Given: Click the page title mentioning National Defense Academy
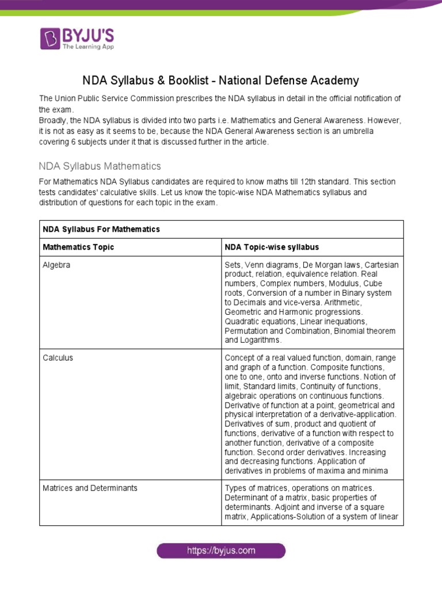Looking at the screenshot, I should point(221,81).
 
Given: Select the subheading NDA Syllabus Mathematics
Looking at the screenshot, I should point(100,166).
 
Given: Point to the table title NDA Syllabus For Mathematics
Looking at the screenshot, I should point(101,229).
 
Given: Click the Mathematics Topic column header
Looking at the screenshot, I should point(78,247).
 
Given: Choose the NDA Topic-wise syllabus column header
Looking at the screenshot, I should point(272,247).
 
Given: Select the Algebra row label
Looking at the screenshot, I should point(56,265).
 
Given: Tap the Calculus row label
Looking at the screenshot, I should point(58,358).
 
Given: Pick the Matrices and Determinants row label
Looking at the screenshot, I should point(90,488).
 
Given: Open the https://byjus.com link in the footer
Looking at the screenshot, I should point(221,550).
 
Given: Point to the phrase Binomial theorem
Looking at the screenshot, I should point(366,331).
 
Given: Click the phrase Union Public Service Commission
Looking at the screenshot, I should point(113,98).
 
